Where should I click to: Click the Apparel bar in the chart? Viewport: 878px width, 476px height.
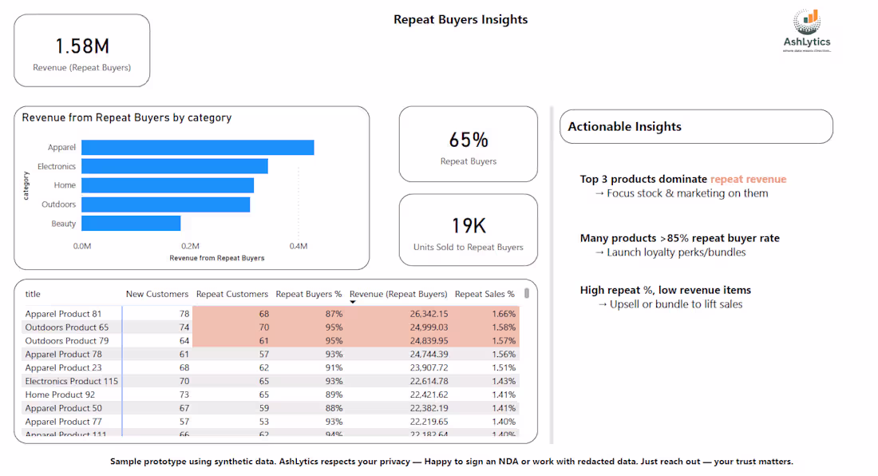tap(197, 148)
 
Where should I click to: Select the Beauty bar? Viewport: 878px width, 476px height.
tap(131, 224)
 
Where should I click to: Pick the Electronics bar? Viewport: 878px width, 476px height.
tap(174, 166)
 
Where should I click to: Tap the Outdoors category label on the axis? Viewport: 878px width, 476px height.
tap(59, 204)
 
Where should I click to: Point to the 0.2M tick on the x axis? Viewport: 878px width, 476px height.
tap(190, 246)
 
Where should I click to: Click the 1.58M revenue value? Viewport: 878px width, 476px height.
tap(81, 46)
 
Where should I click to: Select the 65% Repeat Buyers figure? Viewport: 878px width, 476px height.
tap(469, 140)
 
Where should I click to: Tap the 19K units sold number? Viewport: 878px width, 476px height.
tap(469, 225)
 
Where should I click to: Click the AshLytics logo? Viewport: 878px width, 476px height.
tap(806, 30)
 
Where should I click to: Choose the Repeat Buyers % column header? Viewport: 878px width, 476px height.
tap(308, 294)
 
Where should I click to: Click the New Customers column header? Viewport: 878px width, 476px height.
tap(157, 294)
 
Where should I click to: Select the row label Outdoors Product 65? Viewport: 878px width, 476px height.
tap(66, 327)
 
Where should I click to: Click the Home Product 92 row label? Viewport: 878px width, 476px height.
tap(60, 395)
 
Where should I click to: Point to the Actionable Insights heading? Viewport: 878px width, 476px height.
tap(624, 126)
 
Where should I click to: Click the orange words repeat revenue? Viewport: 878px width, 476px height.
tap(748, 179)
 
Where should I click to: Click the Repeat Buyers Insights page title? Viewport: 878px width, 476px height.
tap(461, 19)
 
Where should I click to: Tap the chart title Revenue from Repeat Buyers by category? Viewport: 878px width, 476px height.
tap(127, 117)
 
